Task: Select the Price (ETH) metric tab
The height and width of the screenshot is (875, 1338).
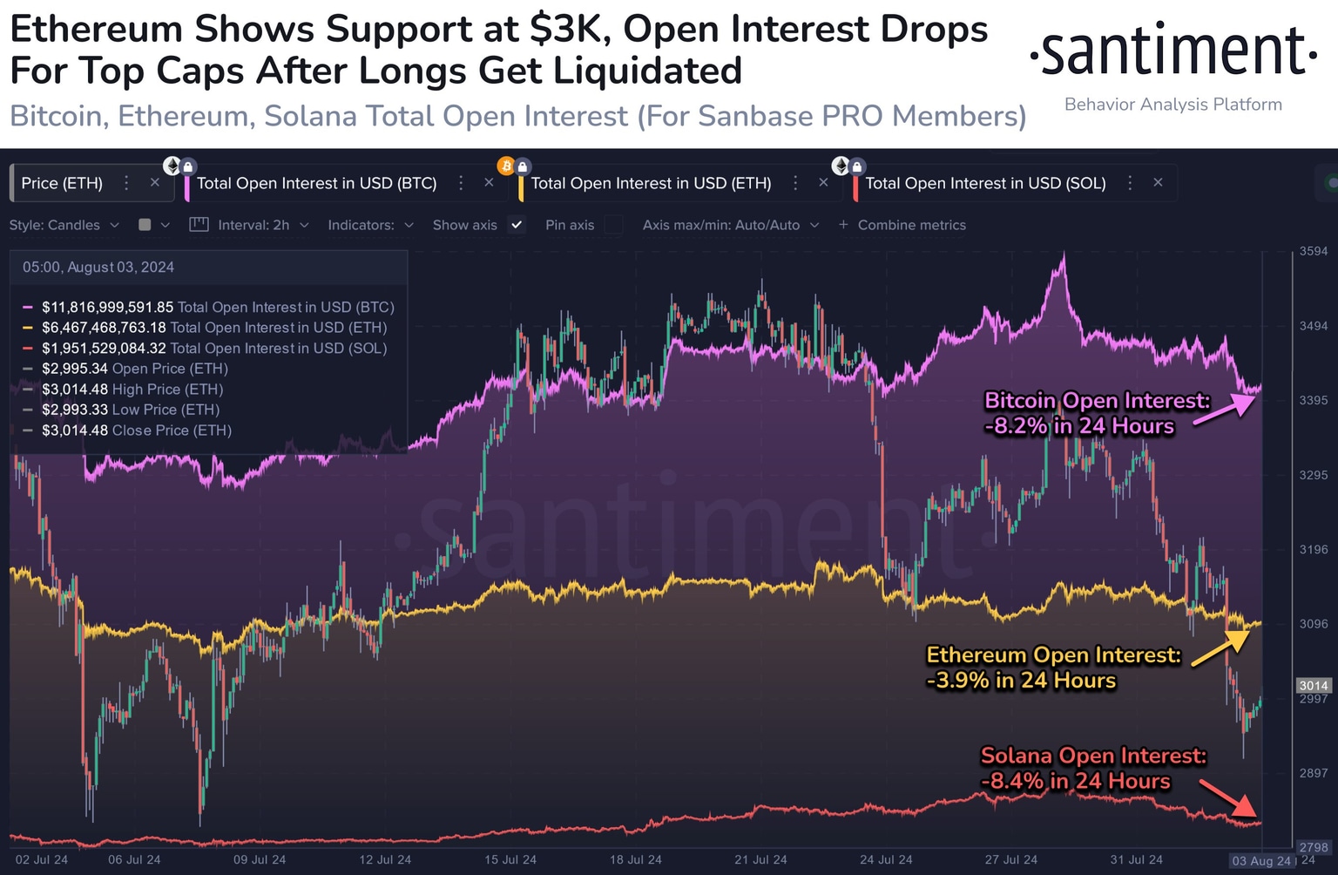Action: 62,183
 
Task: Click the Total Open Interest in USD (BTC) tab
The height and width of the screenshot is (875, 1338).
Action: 316,183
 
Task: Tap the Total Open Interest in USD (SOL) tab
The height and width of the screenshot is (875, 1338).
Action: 985,183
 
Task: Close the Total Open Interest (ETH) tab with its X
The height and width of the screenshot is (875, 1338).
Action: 823,182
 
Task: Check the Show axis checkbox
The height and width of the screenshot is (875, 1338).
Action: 517,225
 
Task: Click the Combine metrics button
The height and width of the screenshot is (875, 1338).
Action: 902,225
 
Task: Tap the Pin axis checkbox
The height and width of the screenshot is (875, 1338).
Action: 614,225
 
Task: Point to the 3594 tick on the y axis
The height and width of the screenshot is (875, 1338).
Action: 1313,251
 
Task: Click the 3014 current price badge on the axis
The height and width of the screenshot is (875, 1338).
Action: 1313,686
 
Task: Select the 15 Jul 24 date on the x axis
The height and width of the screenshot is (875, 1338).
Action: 510,859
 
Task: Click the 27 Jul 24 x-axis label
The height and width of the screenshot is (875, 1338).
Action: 1011,859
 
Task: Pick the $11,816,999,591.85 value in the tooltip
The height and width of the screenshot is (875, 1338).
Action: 107,308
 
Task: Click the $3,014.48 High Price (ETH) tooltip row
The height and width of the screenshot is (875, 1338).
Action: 132,390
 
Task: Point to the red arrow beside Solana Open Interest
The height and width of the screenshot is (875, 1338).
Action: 1228,797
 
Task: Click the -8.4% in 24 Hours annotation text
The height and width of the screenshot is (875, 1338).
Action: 1075,781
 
